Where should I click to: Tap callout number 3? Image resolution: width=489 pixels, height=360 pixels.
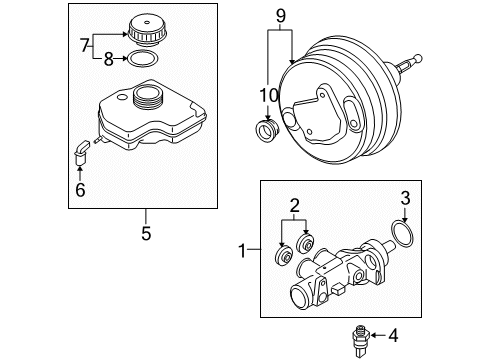pyautogui.click(x=405, y=226)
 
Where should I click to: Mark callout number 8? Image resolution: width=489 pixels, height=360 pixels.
pyautogui.click(x=110, y=58)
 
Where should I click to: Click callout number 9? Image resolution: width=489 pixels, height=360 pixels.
pyautogui.click(x=281, y=15)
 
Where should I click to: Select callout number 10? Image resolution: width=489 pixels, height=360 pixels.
pyautogui.click(x=267, y=96)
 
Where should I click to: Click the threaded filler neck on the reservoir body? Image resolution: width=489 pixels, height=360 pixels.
pyautogui.click(x=150, y=97)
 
